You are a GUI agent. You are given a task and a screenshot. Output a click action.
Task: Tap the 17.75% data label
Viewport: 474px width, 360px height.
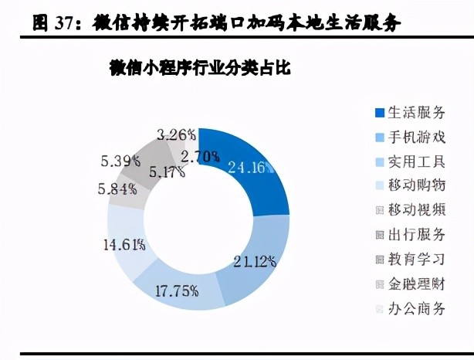coord(177,291)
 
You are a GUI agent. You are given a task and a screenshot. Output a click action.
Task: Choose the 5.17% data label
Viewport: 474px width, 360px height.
coord(165,172)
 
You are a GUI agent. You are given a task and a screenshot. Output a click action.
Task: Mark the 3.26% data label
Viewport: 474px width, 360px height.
coord(174,134)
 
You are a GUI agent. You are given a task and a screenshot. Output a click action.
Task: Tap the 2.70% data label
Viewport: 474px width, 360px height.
coord(199,157)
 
